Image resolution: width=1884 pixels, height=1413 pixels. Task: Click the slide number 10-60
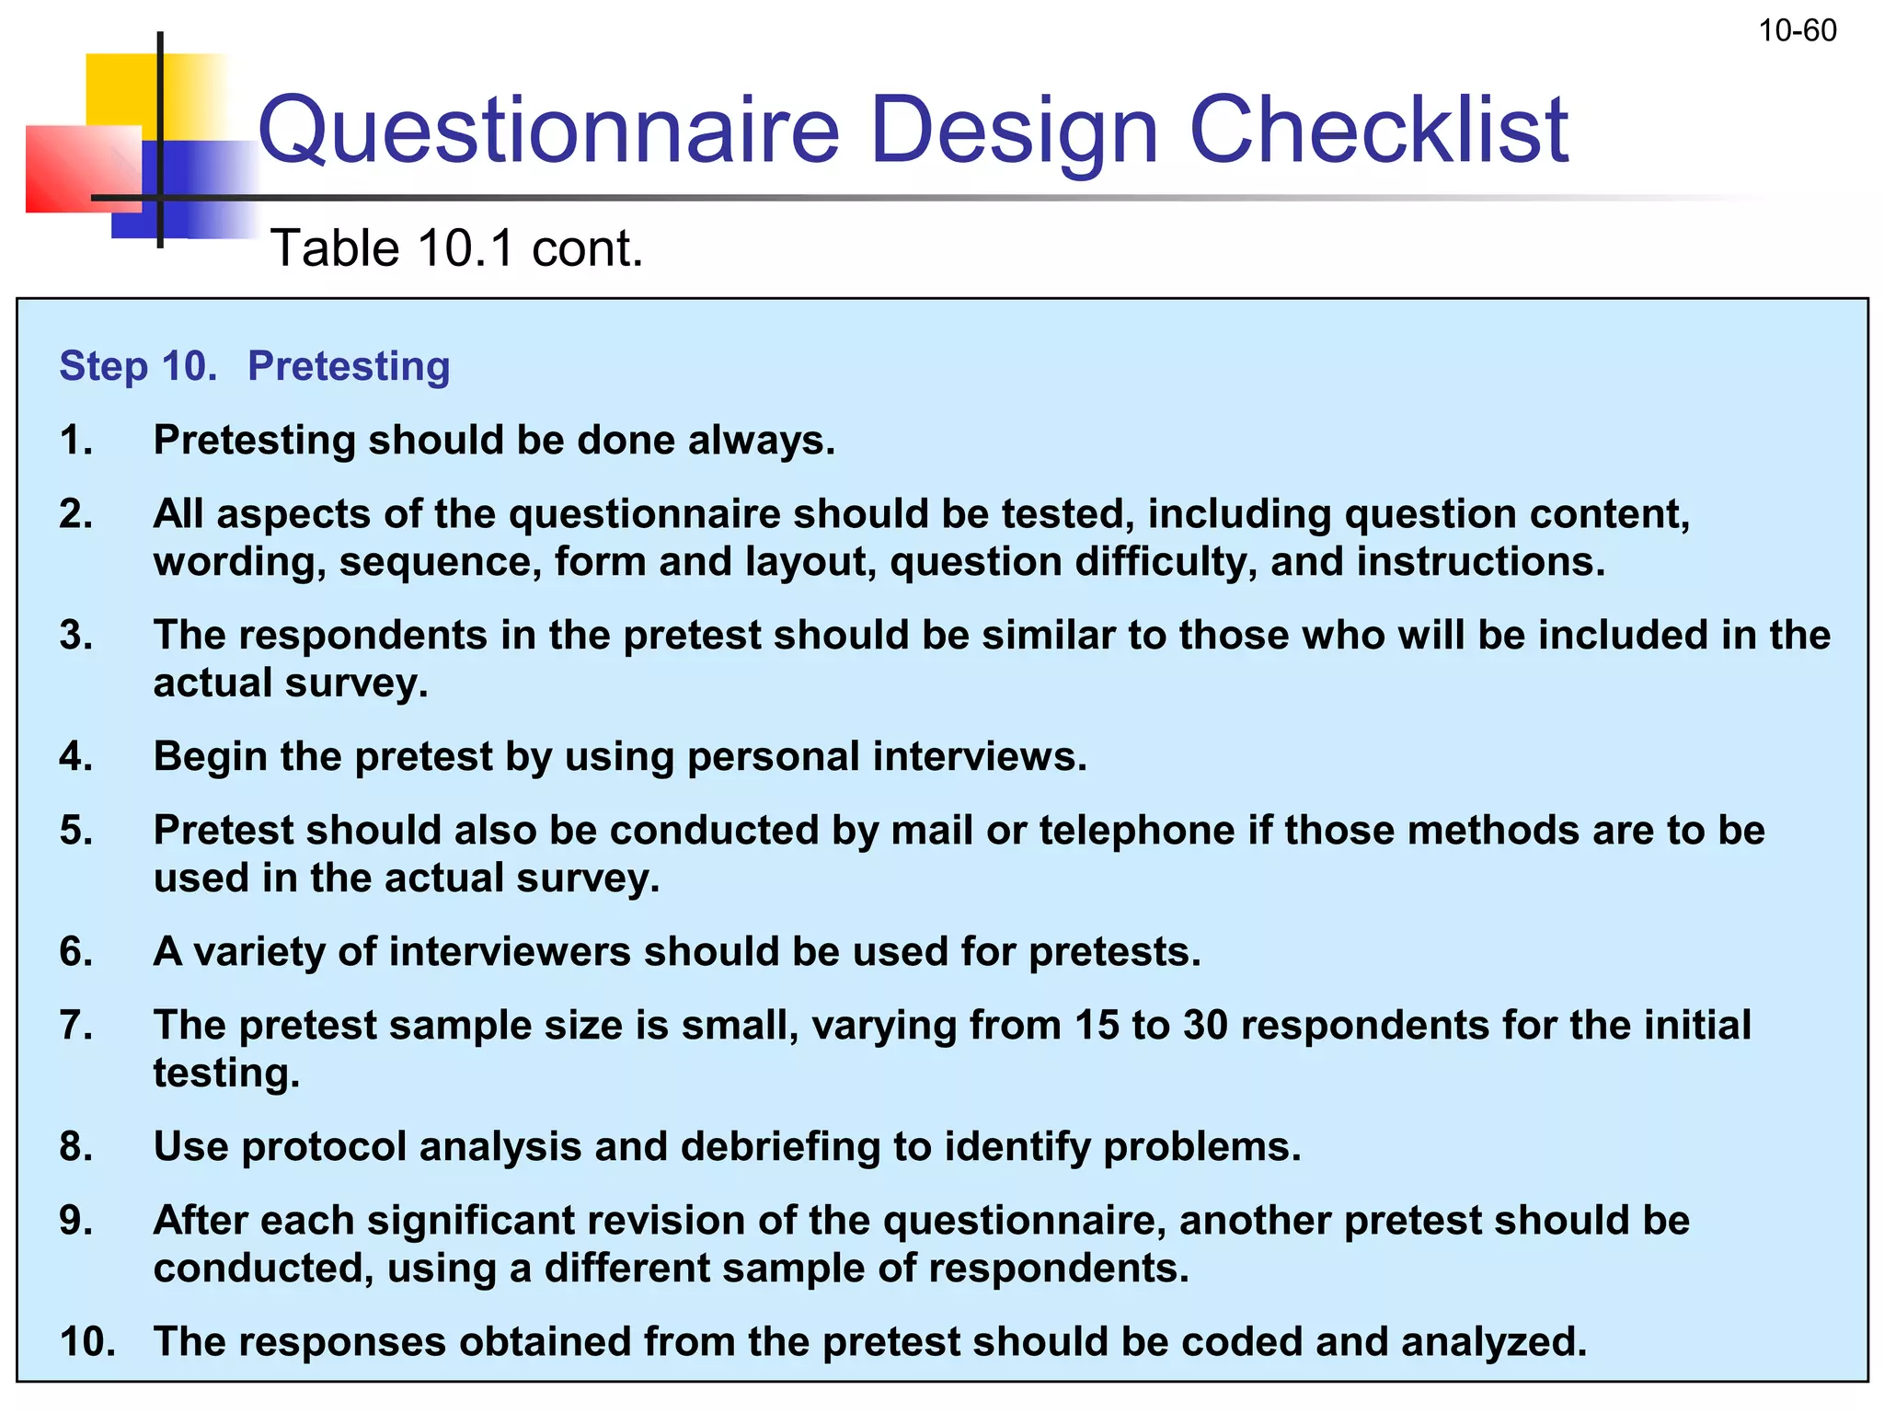point(1797,31)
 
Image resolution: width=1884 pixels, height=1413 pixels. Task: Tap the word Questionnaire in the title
point(549,131)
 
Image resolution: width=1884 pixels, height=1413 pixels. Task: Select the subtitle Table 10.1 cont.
point(457,248)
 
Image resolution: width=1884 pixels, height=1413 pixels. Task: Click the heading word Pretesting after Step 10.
point(349,366)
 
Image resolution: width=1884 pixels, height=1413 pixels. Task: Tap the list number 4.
point(75,756)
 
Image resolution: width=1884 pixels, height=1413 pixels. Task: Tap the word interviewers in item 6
point(510,951)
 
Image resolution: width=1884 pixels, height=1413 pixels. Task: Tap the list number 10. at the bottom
point(87,1341)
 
